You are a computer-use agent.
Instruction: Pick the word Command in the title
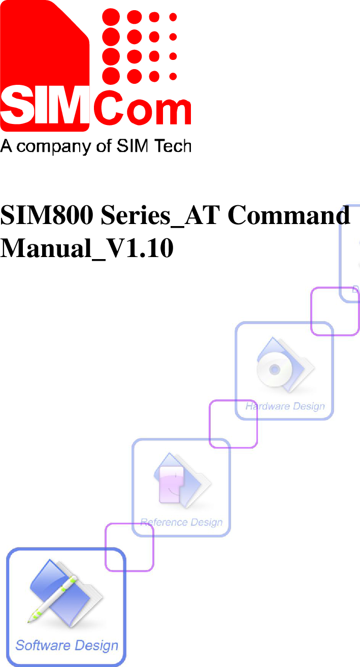pos(289,215)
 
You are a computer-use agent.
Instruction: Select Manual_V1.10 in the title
pos(87,248)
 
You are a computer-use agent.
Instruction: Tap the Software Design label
pos(67,646)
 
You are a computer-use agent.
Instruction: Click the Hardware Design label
pos(285,406)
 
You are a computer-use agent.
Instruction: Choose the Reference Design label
pos(181,522)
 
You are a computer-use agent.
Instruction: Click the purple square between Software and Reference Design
pos(129,547)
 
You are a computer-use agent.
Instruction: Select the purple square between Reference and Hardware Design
pos(233,424)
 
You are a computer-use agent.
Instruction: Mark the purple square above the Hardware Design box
pos(335,311)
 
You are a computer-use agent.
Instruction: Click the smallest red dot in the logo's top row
pos(173,17)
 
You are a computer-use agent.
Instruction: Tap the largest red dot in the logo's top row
pos(112,17)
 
